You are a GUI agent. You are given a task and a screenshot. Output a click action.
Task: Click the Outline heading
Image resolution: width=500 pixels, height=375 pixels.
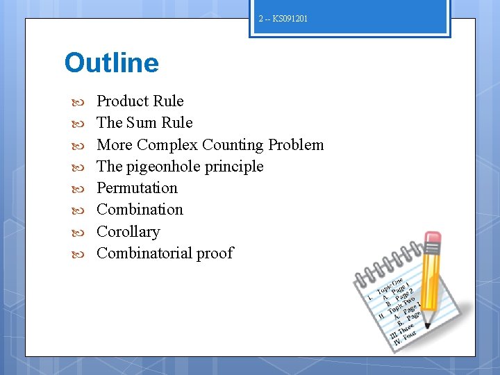pyautogui.click(x=111, y=63)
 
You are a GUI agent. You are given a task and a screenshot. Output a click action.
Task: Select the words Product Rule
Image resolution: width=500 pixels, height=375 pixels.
pyautogui.click(x=140, y=101)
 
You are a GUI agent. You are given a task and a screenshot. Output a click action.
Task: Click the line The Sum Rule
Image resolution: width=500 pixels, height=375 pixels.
pyautogui.click(x=144, y=123)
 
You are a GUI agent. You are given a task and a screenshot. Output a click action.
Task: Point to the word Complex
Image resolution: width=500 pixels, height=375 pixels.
pyautogui.click(x=167, y=145)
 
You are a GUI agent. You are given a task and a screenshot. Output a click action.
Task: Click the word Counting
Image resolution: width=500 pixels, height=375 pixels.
pyautogui.click(x=233, y=145)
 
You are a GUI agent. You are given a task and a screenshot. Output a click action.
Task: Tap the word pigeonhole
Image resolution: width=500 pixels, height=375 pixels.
pyautogui.click(x=162, y=167)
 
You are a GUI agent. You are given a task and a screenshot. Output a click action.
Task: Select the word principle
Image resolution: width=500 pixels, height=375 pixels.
pyautogui.click(x=232, y=167)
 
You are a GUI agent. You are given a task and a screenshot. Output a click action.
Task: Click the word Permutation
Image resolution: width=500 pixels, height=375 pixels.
pyautogui.click(x=137, y=188)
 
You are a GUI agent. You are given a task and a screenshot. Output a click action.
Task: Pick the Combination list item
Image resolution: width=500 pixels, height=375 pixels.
pyautogui.click(x=140, y=210)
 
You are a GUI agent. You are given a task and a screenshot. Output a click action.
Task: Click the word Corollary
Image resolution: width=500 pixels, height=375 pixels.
pyautogui.click(x=128, y=232)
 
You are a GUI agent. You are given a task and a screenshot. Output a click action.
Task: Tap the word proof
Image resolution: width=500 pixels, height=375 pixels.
pyautogui.click(x=215, y=253)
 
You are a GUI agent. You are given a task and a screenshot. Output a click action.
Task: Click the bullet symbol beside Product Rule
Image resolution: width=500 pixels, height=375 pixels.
pyautogui.click(x=78, y=102)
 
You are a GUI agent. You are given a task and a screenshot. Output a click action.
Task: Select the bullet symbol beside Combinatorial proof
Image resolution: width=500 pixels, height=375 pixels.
pyautogui.click(x=78, y=254)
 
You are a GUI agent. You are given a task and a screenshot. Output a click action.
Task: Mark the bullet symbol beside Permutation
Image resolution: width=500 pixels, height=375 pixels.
pyautogui.click(x=78, y=189)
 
